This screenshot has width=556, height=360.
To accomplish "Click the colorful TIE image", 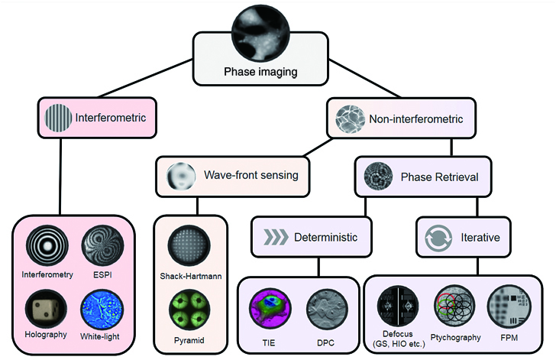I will (270, 309).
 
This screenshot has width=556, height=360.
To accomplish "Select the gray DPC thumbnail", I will (327, 309).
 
